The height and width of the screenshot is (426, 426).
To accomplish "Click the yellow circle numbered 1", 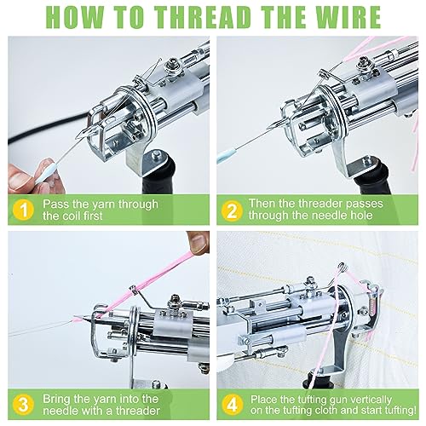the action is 23,210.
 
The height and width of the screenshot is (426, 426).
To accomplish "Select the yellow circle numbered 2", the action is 232,210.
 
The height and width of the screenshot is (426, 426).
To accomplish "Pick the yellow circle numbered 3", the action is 23,405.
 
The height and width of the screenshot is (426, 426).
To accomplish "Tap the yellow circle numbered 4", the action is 233,406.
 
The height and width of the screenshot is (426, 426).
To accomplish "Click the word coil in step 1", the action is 72,216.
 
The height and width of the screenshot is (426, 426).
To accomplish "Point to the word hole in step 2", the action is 361,216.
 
